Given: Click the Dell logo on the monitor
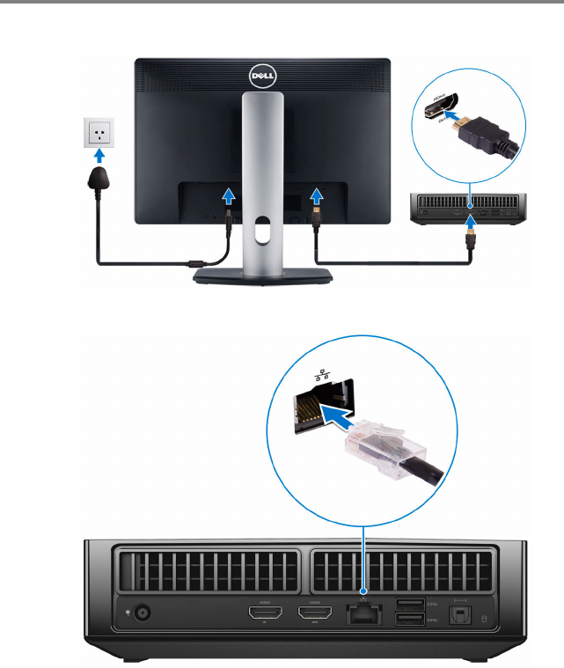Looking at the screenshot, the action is point(262,77).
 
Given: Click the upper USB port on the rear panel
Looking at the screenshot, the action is point(410,604).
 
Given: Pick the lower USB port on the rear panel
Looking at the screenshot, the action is point(410,621).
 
